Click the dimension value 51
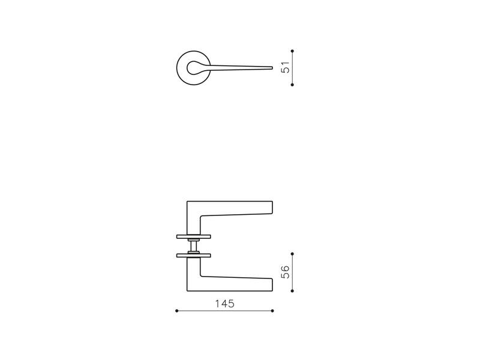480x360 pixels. point(285,67)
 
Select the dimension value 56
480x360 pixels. point(285,272)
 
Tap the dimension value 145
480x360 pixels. point(224,304)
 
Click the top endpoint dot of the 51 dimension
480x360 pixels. point(292,51)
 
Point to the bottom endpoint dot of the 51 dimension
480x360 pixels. point(292,85)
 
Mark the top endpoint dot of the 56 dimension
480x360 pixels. point(292,254)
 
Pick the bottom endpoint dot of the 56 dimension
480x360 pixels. point(292,291)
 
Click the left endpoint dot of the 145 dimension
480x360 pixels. point(176,311)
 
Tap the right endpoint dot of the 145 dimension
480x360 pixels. point(272,311)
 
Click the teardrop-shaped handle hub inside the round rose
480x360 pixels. point(193,68)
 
